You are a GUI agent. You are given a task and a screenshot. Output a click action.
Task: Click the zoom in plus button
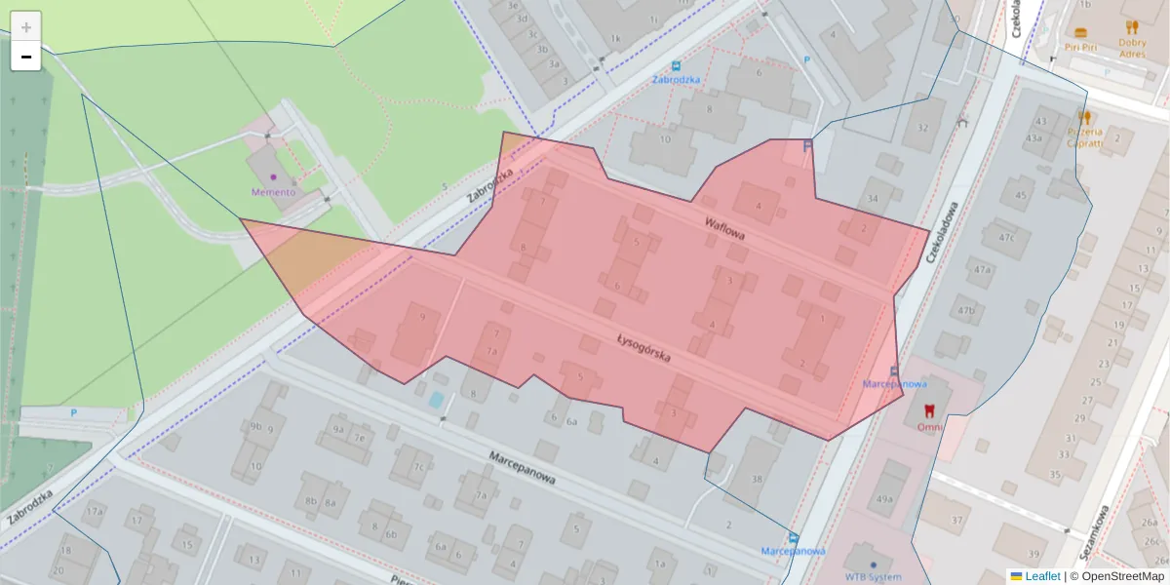pyautogui.click(x=26, y=26)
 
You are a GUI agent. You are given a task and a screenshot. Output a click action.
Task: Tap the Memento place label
pyautogui.click(x=273, y=192)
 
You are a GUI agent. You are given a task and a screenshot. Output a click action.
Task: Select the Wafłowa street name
pyautogui.click(x=724, y=229)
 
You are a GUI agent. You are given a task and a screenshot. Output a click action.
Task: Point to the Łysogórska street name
pyautogui.click(x=643, y=347)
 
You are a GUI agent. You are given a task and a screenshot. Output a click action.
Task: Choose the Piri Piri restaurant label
pyautogui.click(x=1080, y=46)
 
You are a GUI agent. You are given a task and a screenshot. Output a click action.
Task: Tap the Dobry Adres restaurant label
pyautogui.click(x=1132, y=48)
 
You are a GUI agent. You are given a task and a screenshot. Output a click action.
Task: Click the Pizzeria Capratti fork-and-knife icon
pyautogui.click(x=1085, y=117)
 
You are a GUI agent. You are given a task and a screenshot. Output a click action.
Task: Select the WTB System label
pyautogui.click(x=873, y=576)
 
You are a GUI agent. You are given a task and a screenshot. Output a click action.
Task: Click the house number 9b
pyautogui.click(x=255, y=426)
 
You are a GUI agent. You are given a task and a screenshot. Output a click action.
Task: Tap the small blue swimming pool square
pyautogui.click(x=437, y=400)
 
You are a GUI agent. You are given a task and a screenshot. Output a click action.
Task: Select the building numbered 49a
pyautogui.click(x=884, y=498)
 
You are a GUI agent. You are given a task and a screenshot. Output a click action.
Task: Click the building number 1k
pyautogui.click(x=614, y=39)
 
